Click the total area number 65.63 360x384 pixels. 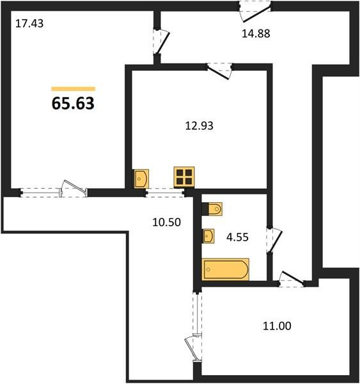(x=73, y=103)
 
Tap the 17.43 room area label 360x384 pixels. (x=29, y=24)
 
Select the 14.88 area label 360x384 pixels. (x=256, y=33)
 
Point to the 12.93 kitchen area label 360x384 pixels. (x=200, y=125)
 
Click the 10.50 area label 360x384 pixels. (x=166, y=222)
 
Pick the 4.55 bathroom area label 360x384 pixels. (x=237, y=237)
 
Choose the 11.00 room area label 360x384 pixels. (x=277, y=326)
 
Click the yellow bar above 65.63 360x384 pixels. (x=73, y=89)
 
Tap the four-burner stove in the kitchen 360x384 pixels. (x=184, y=177)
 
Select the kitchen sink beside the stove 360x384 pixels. (x=141, y=179)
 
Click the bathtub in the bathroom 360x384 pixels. (x=225, y=269)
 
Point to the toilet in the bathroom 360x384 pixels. (x=215, y=209)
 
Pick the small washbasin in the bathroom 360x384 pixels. (x=208, y=236)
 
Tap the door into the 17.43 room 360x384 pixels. (x=161, y=42)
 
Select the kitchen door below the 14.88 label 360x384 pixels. (x=219, y=71)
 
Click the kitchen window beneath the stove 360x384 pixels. (x=164, y=193)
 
